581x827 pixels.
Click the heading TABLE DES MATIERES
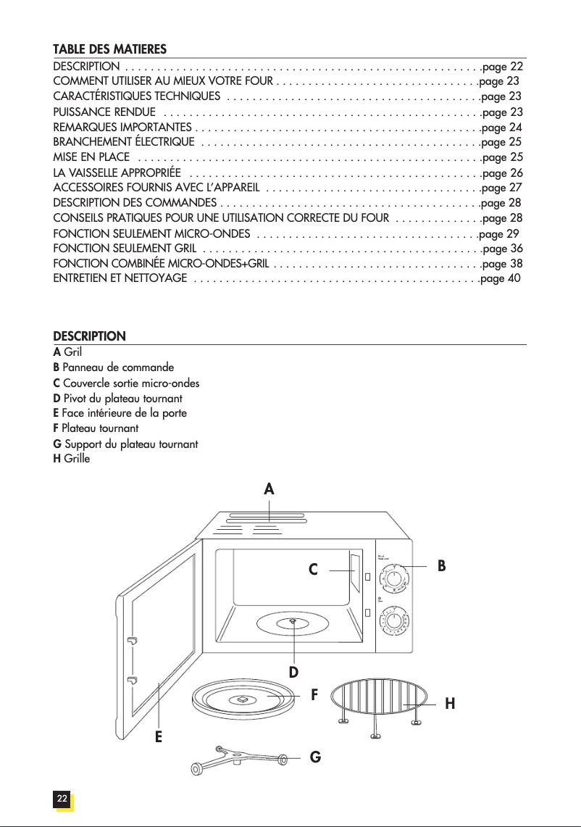click(x=110, y=49)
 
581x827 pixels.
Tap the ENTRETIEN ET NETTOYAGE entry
click(x=120, y=278)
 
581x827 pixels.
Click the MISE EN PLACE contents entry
click(x=92, y=157)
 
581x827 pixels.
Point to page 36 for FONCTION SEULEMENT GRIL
click(x=502, y=249)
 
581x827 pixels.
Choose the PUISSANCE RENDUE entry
click(x=104, y=112)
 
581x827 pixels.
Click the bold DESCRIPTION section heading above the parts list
click(x=90, y=336)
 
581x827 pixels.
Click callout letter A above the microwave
click(x=269, y=489)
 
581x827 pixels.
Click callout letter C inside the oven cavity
click(x=313, y=570)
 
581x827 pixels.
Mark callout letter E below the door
click(x=158, y=737)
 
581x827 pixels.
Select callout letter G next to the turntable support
click(x=315, y=758)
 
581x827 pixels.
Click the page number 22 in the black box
click(x=62, y=799)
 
